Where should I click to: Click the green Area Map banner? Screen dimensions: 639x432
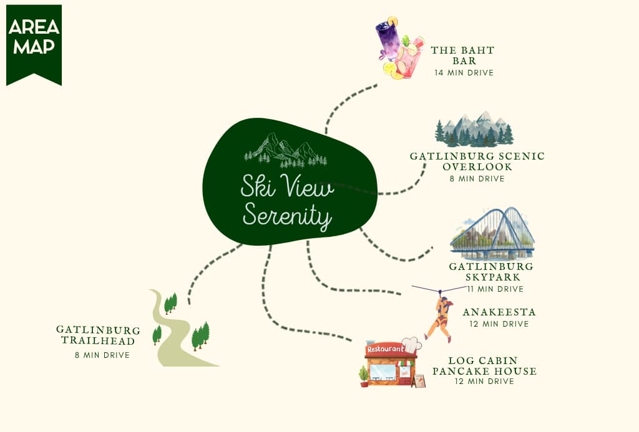(x=34, y=44)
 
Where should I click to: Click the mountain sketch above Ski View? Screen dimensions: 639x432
(x=285, y=150)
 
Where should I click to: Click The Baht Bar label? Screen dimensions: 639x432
(x=463, y=55)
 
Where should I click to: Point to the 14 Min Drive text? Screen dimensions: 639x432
(x=464, y=73)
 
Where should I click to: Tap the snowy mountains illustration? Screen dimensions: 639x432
(x=474, y=128)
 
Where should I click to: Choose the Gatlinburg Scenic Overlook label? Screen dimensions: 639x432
(x=477, y=161)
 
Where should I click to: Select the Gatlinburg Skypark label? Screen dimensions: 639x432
(x=491, y=272)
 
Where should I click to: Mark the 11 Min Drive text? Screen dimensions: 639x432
(x=495, y=289)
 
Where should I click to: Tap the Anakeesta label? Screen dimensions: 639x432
(x=499, y=312)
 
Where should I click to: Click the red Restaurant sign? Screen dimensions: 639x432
(x=385, y=349)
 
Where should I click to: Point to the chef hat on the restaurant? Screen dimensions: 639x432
(x=412, y=345)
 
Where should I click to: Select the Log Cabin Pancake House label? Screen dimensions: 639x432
(x=484, y=366)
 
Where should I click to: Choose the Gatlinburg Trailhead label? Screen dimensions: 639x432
(x=98, y=335)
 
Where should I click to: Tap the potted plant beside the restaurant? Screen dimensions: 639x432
(x=364, y=376)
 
